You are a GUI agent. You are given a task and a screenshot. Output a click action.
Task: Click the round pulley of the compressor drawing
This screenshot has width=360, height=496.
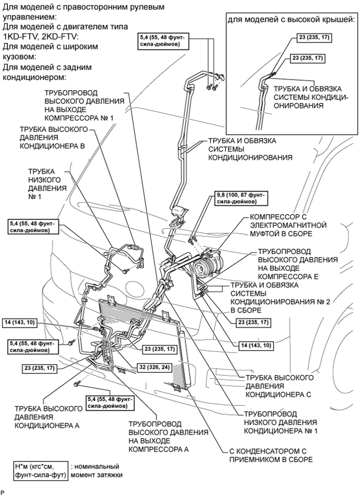pyautogui.click(x=200, y=269)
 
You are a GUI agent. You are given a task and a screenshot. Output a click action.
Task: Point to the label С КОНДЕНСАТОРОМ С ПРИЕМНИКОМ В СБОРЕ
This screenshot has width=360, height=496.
pyautogui.click(x=270, y=455)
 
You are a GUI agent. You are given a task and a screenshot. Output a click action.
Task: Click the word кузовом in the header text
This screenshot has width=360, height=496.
pyautogui.click(x=19, y=56)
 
